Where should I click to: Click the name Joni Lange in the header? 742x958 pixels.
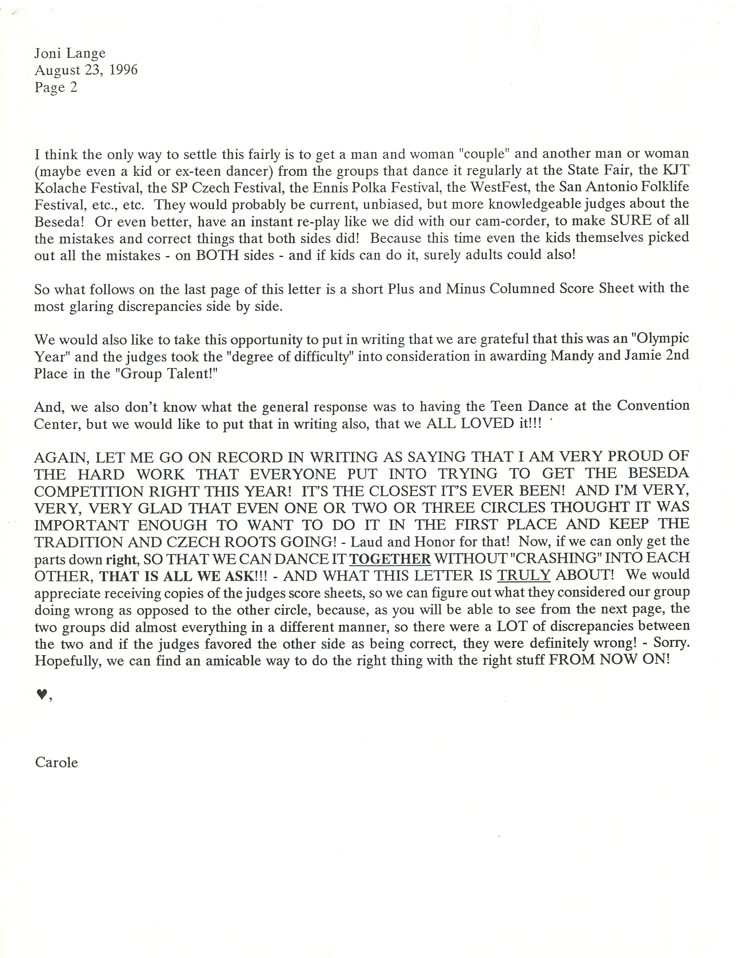(70, 53)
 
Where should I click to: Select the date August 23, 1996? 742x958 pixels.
(86, 70)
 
